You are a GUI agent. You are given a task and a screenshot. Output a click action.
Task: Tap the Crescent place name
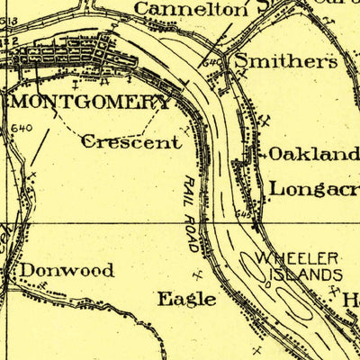point(130,141)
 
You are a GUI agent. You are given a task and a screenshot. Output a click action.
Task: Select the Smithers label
point(285,62)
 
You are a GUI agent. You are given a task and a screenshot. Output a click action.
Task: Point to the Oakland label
point(313,154)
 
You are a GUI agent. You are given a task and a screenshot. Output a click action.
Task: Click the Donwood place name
point(67,270)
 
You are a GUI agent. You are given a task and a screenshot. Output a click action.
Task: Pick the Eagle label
point(185,299)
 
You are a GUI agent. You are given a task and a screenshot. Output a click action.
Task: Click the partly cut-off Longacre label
point(313,189)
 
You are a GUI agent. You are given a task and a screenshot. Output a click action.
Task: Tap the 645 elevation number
point(244,214)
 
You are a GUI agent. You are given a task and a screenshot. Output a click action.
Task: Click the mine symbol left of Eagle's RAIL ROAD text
point(197,270)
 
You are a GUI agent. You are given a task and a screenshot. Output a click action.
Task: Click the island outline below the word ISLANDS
point(300,310)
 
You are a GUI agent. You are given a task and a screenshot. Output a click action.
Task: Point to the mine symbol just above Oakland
point(262,120)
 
